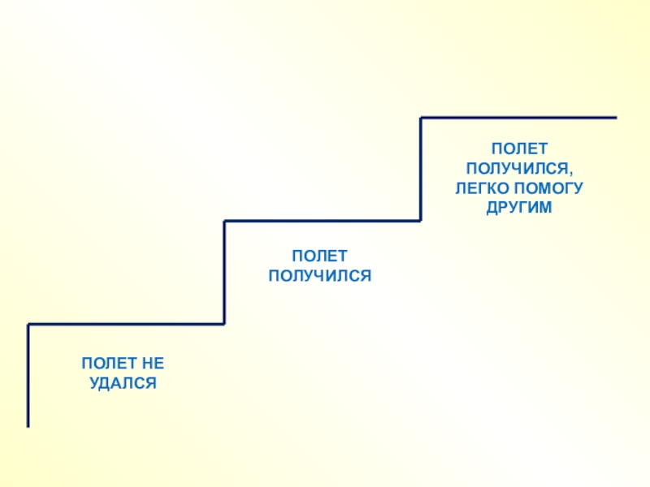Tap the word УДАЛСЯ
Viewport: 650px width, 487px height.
(123, 381)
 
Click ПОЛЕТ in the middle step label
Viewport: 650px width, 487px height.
(319, 256)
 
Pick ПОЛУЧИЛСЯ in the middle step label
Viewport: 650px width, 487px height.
(319, 276)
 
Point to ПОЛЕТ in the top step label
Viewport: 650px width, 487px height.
(518, 149)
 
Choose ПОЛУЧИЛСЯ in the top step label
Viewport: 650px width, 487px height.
(516, 169)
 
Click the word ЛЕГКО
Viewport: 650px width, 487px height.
(480, 188)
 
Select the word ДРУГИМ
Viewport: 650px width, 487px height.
(518, 208)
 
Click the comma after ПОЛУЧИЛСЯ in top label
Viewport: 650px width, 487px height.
(570, 172)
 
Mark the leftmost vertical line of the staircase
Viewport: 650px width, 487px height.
(28, 373)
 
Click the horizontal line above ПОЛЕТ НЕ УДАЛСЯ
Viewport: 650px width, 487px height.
(126, 324)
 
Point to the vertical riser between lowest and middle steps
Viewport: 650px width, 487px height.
(225, 272)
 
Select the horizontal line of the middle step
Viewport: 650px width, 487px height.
(323, 220)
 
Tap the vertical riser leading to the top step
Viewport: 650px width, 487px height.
(421, 169)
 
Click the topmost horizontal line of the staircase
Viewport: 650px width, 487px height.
(518, 118)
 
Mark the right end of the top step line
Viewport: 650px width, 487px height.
(615, 118)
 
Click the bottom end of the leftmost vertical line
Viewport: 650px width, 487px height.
(28, 425)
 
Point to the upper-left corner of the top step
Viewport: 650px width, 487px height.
(421, 119)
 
